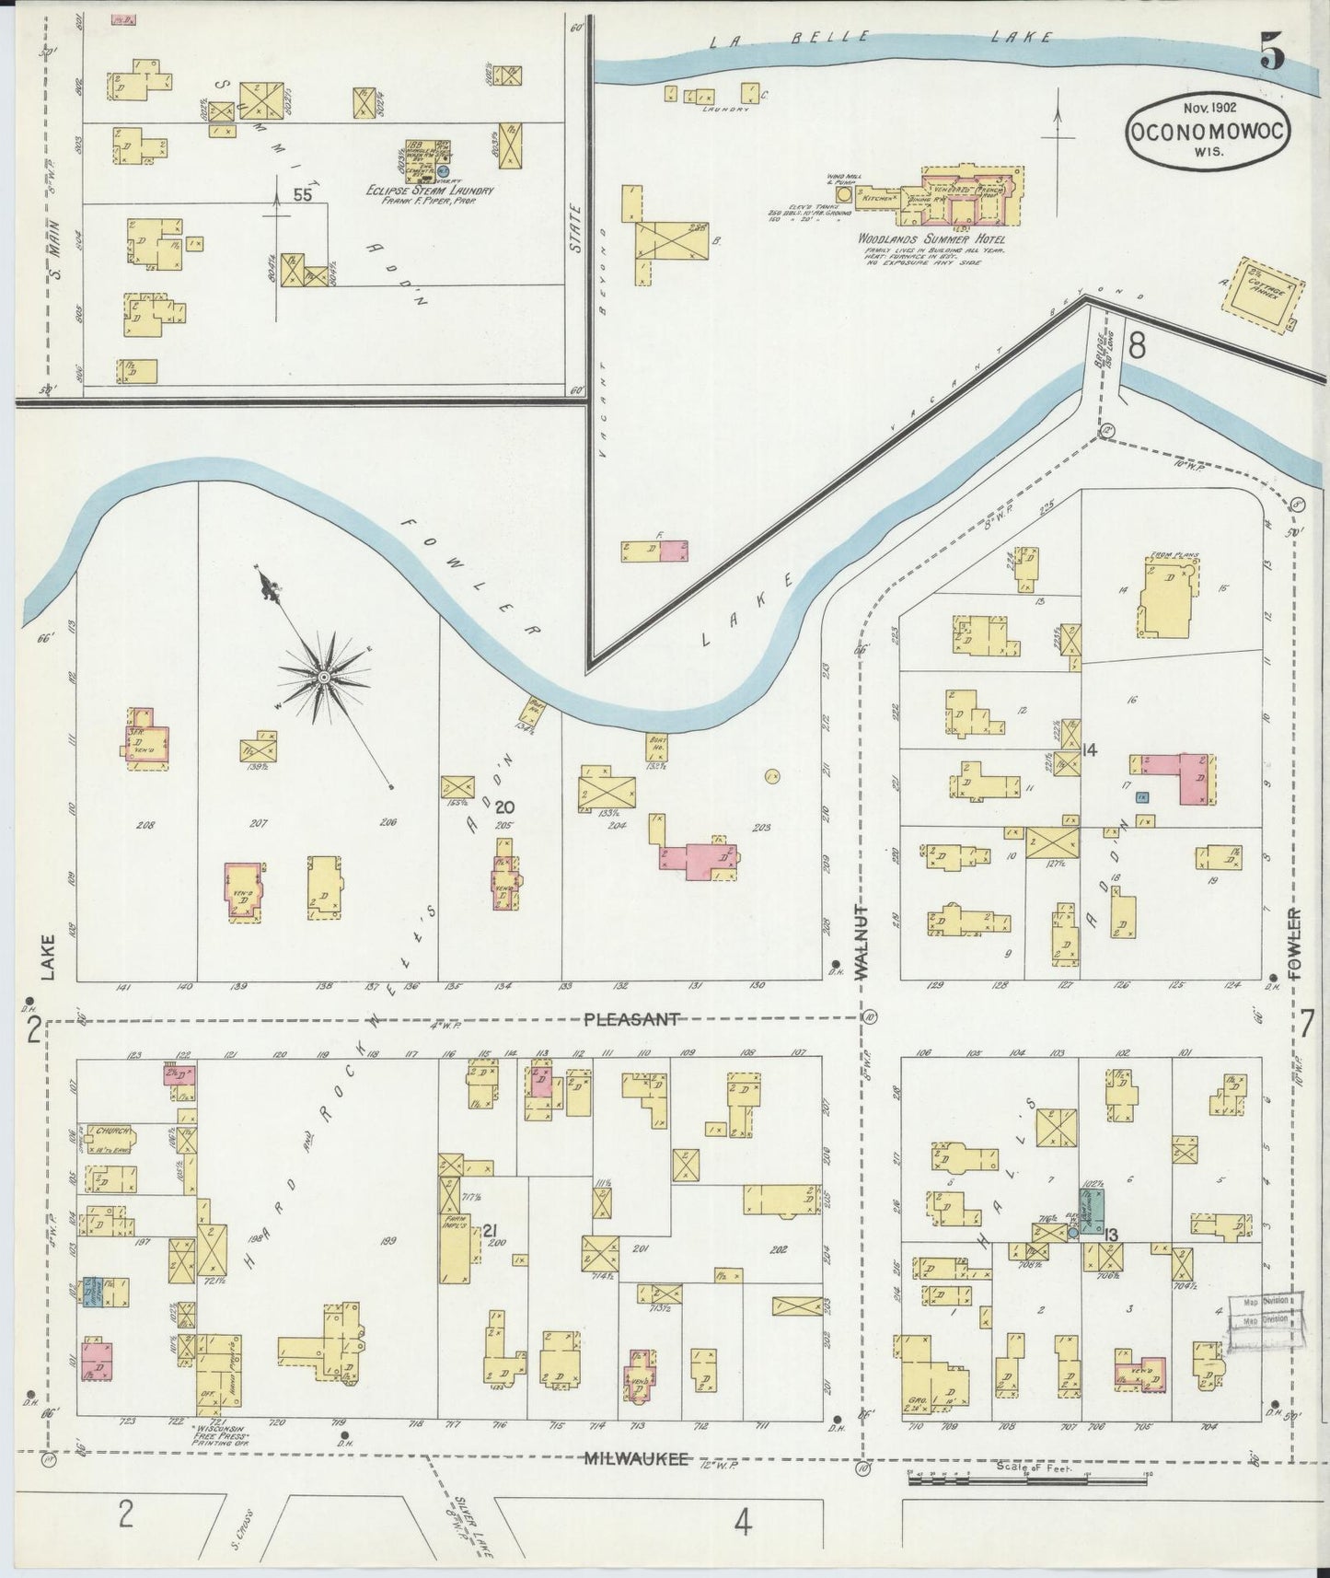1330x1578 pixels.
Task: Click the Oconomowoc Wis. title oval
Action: tap(1206, 133)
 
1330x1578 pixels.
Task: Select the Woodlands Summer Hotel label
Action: tap(931, 238)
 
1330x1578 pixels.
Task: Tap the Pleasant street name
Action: tap(631, 1019)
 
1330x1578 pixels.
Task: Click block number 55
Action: tap(302, 194)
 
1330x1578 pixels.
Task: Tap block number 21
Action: tap(490, 1231)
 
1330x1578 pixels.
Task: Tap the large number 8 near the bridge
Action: tap(1137, 345)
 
